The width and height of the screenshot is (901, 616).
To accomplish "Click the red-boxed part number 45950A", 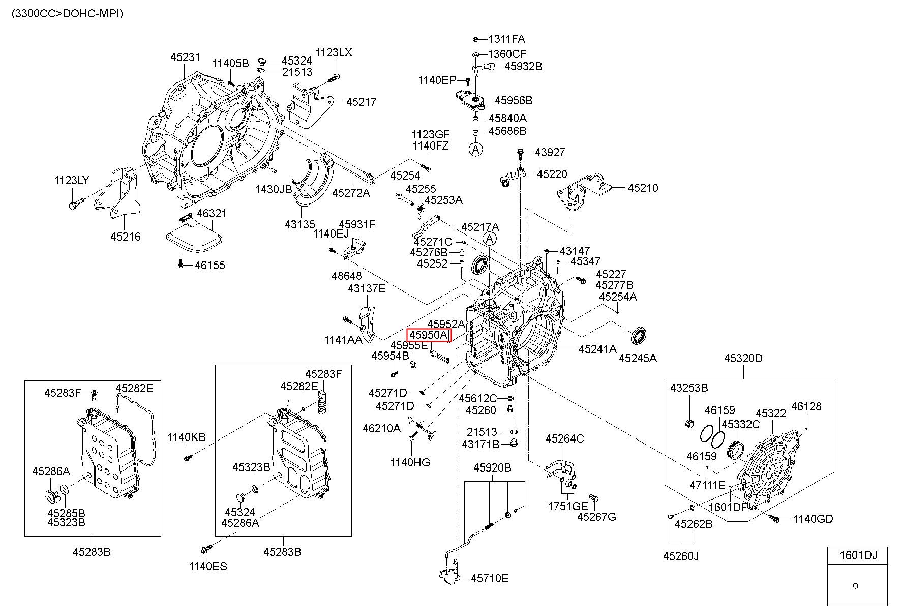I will click(429, 335).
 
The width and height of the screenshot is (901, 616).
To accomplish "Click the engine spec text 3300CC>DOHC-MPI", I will click(67, 14).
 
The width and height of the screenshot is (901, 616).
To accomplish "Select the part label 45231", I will click(185, 57).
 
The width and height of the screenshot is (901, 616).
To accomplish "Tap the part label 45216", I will click(126, 237).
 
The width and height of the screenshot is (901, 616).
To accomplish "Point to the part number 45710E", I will click(489, 578).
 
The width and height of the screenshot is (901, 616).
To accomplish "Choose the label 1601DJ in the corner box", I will click(857, 555).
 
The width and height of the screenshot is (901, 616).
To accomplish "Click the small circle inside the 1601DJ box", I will click(855, 585).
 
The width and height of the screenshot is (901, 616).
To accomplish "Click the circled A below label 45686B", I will click(475, 149).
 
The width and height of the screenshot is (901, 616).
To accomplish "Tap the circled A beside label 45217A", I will click(490, 239).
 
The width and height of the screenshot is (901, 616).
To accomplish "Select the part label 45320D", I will click(743, 358).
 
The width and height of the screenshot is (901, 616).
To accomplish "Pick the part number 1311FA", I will click(506, 39).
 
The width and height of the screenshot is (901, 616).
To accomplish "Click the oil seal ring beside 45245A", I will click(639, 337).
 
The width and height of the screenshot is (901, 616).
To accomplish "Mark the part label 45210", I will click(643, 188).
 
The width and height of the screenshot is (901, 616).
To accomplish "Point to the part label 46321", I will click(212, 213).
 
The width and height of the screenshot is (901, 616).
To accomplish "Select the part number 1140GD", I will click(814, 519).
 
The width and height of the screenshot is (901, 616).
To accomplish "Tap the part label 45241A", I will click(597, 349).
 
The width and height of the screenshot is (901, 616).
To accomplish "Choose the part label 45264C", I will click(564, 438).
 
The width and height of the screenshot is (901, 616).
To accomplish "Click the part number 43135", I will click(299, 224).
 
